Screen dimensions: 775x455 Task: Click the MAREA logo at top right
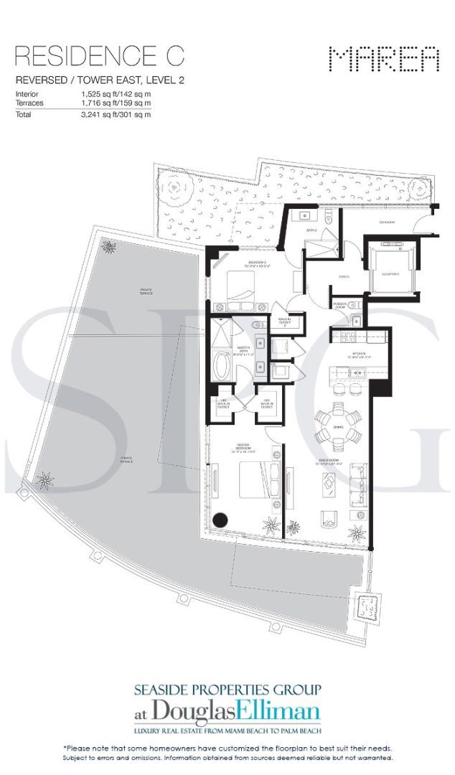pos(383,59)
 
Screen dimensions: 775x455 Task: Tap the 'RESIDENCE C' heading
pos(100,55)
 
